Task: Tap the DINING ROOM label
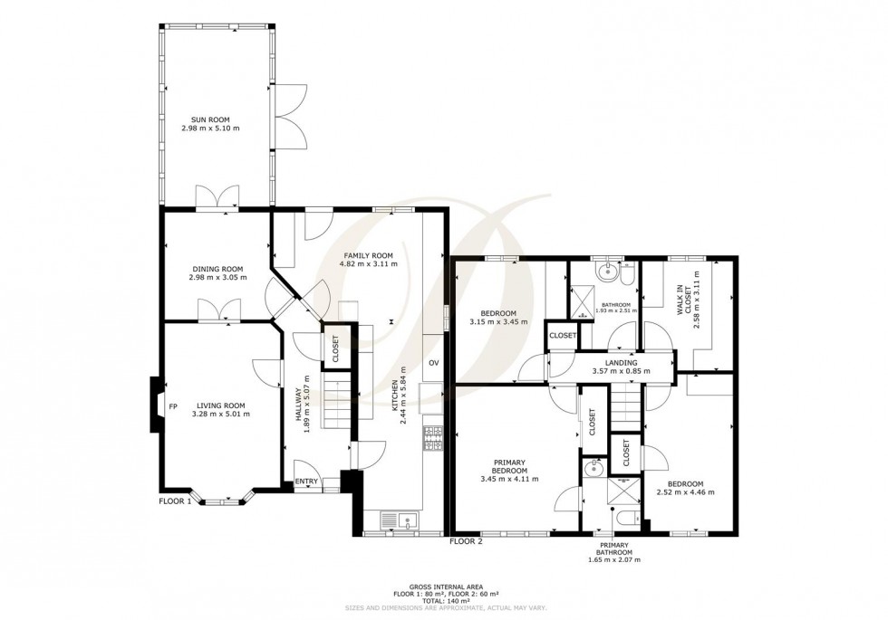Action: click(x=218, y=269)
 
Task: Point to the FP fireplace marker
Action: click(x=172, y=406)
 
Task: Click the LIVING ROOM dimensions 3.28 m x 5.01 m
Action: click(x=220, y=415)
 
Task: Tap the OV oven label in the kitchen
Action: click(x=434, y=363)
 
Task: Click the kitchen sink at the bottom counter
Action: click(x=400, y=520)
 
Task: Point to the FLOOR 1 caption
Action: click(x=176, y=501)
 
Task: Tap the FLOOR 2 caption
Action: click(x=467, y=541)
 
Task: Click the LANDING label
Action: click(x=615, y=364)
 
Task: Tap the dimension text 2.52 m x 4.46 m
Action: click(x=685, y=493)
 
